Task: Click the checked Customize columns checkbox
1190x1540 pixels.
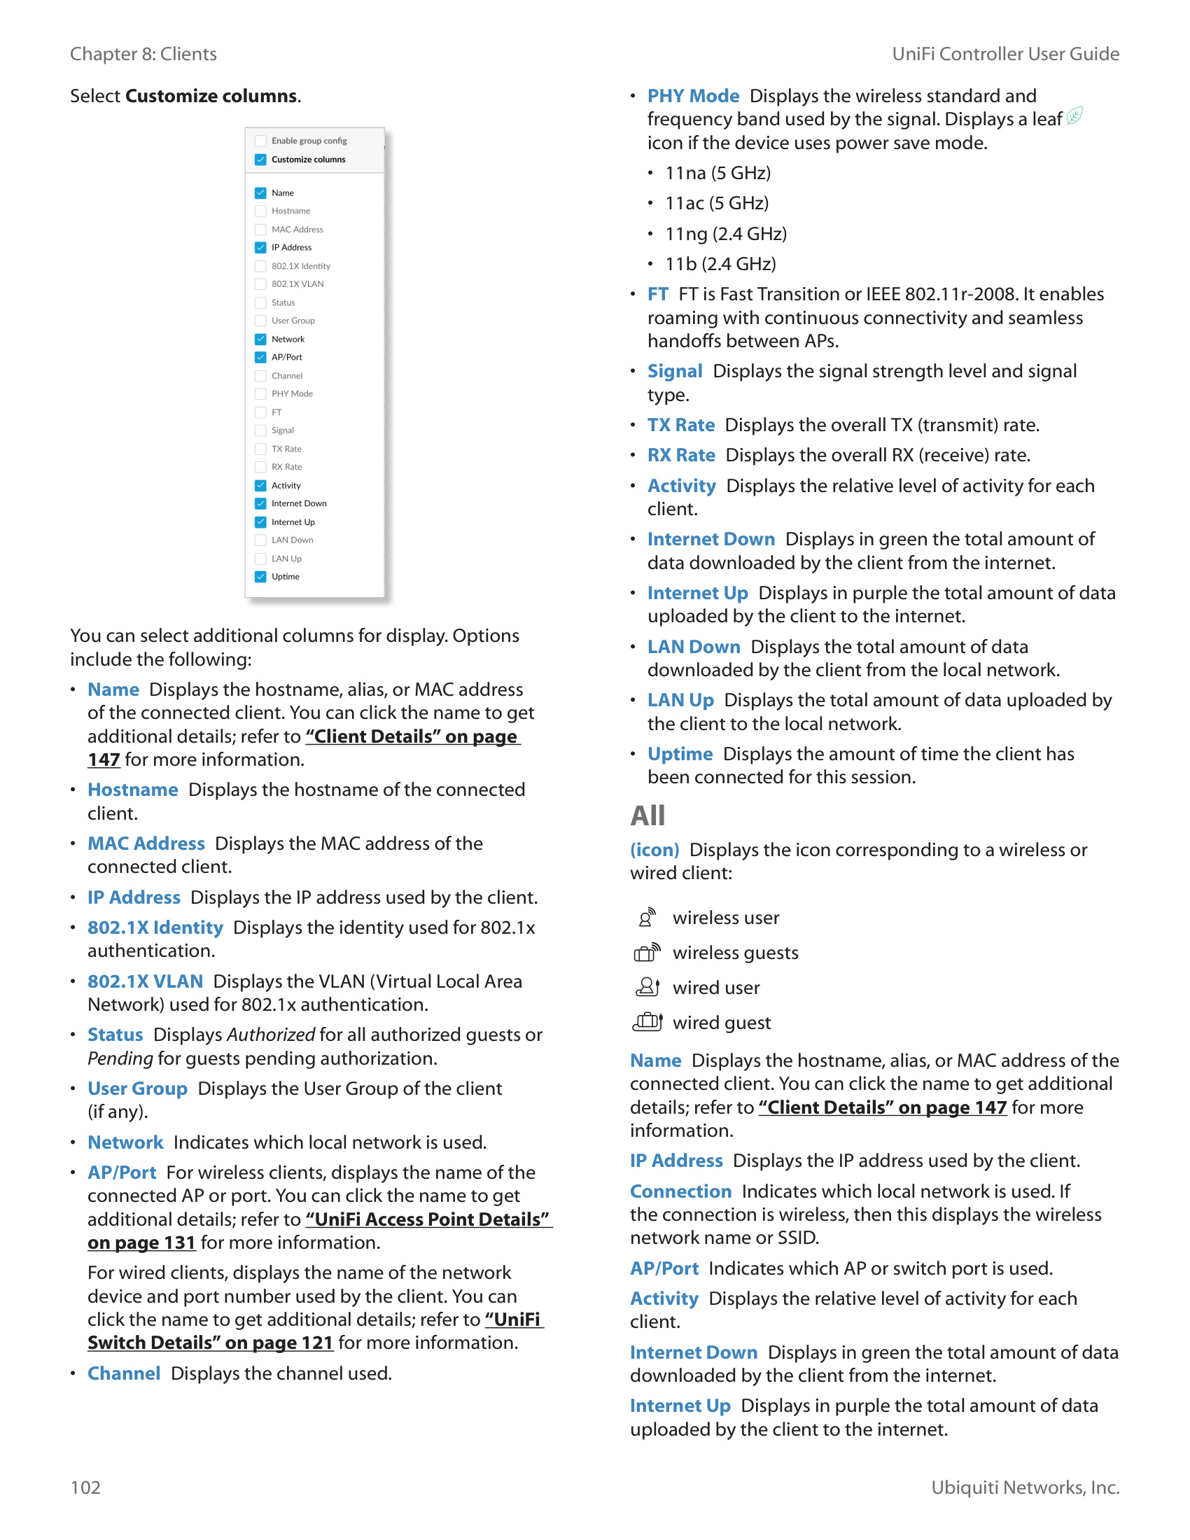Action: (261, 160)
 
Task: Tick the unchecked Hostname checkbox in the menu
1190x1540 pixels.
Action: (261, 211)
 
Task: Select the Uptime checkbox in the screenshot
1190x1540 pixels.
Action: (261, 577)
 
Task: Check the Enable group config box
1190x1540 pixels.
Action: (261, 141)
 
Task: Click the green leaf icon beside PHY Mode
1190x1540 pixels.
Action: (1074, 116)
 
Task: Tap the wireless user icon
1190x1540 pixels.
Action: (647, 918)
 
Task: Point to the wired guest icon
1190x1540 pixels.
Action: (647, 1022)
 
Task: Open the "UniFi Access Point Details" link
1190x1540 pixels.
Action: (427, 1219)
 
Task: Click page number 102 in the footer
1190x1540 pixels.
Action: (85, 1487)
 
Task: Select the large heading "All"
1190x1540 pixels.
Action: (647, 815)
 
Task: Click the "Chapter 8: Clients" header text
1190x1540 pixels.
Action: (143, 55)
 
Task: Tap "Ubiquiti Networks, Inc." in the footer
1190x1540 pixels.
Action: (1025, 1487)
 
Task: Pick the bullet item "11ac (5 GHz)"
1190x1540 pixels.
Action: (716, 204)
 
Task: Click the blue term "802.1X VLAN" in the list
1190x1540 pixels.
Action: (145, 981)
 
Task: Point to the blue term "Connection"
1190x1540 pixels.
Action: (680, 1191)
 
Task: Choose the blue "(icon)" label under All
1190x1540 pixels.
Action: (654, 850)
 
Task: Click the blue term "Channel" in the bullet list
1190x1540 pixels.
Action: (124, 1373)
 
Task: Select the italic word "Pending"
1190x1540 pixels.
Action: (120, 1058)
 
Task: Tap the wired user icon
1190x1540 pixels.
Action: (647, 987)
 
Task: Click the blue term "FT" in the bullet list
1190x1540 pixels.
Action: (658, 295)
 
